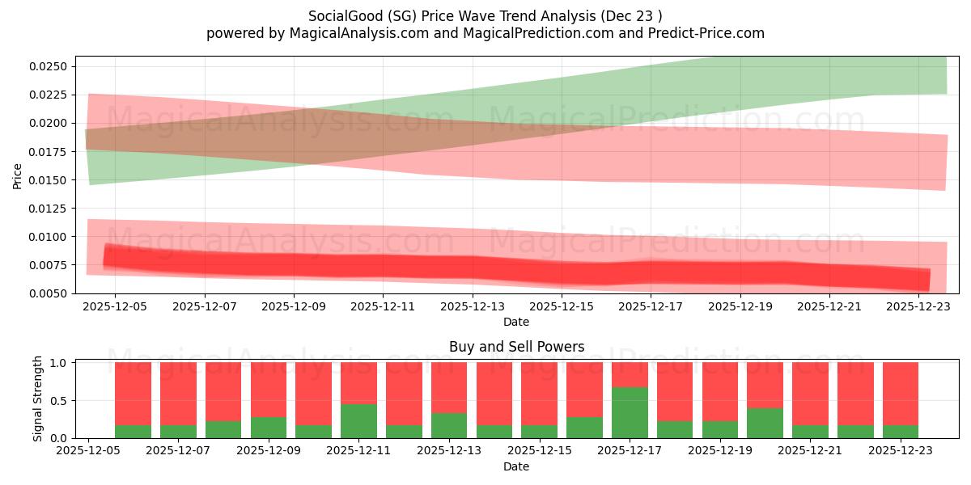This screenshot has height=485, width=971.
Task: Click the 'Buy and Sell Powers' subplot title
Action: tap(516, 347)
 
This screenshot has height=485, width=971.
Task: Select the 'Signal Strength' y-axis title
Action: tap(38, 399)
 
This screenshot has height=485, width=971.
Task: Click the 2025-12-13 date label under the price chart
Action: tap(473, 307)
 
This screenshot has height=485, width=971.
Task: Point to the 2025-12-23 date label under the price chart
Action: tap(918, 307)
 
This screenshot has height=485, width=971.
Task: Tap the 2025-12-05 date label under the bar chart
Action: tap(87, 452)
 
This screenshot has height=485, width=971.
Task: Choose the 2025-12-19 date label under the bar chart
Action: tap(720, 452)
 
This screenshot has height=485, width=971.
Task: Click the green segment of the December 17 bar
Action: tap(630, 413)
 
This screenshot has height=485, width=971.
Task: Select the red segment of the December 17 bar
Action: tap(630, 374)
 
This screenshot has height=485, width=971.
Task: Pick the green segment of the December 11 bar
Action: tap(358, 421)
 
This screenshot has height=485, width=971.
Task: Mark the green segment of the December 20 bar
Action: tap(765, 423)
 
